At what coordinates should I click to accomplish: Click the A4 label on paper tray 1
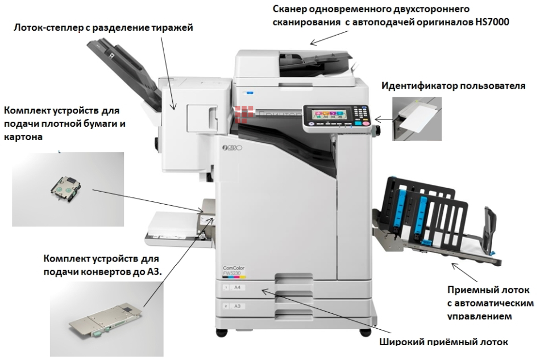(237, 288)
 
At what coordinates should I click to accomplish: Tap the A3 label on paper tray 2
(237, 306)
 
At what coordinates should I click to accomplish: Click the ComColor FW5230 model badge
(229, 270)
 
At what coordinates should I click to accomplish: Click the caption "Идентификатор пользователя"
(454, 86)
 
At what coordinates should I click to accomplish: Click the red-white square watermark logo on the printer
(245, 113)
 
